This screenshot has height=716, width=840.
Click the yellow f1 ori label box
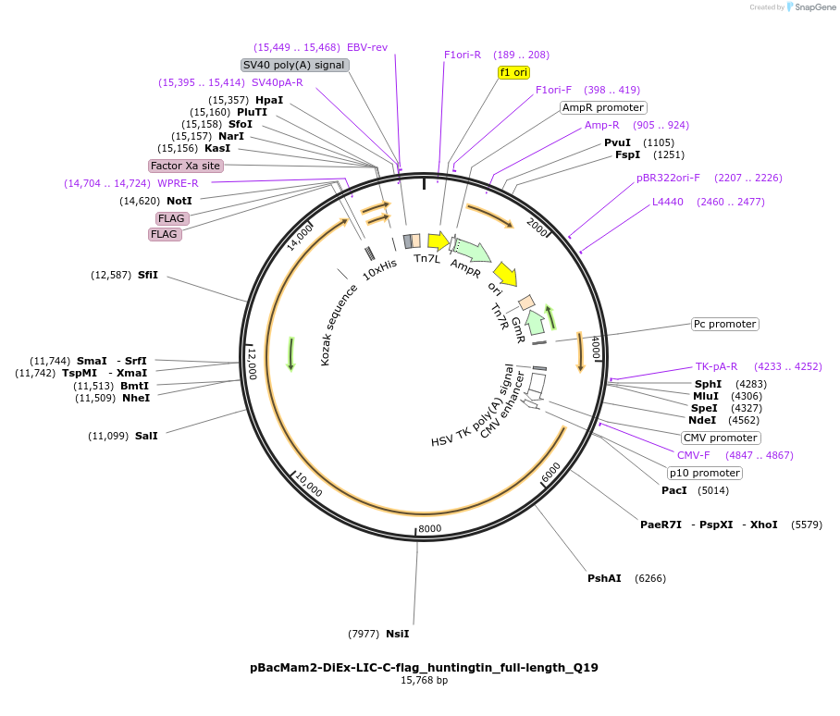tap(514, 72)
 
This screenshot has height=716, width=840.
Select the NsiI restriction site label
tap(397, 634)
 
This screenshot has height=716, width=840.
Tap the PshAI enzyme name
tap(604, 578)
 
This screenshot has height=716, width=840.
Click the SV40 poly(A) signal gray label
tap(293, 65)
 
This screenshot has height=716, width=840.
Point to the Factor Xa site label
tap(186, 166)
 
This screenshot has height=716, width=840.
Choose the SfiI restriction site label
tap(148, 275)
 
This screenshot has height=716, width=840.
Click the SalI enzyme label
tap(146, 436)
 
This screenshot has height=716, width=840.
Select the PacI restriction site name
tap(674, 490)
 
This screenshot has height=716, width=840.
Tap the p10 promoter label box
tap(704, 473)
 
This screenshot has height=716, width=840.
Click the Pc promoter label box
tap(724, 324)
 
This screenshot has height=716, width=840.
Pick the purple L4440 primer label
tap(668, 202)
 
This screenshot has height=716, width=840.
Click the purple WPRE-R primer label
tap(178, 183)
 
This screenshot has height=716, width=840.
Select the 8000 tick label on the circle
tap(430, 529)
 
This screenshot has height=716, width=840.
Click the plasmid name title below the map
tap(424, 667)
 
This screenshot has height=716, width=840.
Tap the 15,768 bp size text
tap(424, 681)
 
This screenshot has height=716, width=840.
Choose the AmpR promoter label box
tap(603, 107)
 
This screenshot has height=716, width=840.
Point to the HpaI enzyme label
tap(269, 100)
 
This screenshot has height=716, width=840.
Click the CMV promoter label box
tap(720, 438)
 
